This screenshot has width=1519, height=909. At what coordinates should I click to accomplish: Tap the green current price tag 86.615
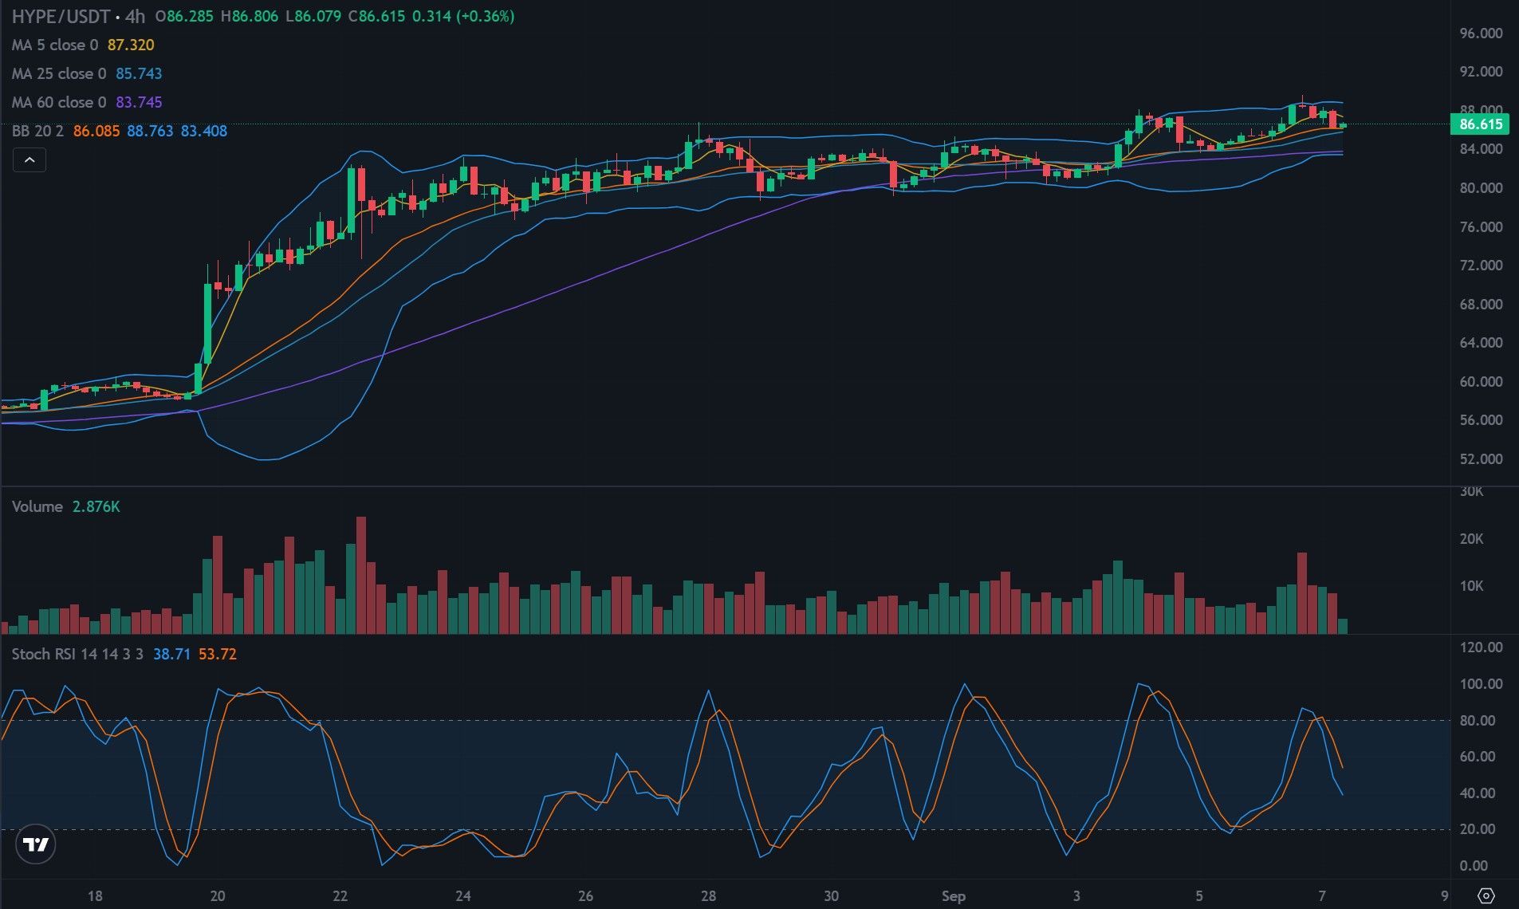[x=1481, y=124]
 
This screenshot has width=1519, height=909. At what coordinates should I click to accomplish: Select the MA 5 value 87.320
[x=131, y=45]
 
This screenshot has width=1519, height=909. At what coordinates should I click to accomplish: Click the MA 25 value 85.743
[x=139, y=73]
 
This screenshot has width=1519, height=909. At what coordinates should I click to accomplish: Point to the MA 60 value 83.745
[x=139, y=102]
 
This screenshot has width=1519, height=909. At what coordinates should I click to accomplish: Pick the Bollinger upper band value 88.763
[x=150, y=131]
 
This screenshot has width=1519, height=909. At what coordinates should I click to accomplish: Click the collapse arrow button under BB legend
[x=29, y=160]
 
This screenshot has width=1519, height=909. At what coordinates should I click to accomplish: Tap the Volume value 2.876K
[x=96, y=506]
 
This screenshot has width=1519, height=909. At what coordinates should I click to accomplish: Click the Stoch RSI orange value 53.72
[x=218, y=654]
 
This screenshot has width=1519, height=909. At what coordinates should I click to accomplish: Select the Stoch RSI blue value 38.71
[x=171, y=654]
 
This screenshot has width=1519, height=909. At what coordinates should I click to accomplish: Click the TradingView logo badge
[x=35, y=844]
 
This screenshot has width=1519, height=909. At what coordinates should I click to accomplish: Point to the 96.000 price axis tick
[x=1481, y=33]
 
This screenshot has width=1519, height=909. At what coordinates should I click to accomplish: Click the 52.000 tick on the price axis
[x=1481, y=458]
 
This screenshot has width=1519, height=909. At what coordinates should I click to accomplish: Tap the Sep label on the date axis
[x=953, y=895]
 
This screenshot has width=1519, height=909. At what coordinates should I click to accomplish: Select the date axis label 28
[x=708, y=895]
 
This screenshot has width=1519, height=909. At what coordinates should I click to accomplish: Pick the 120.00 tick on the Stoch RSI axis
[x=1481, y=647]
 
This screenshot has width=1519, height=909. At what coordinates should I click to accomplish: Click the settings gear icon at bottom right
[x=1486, y=895]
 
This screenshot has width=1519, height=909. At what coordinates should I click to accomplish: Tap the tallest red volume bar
[x=361, y=575]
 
